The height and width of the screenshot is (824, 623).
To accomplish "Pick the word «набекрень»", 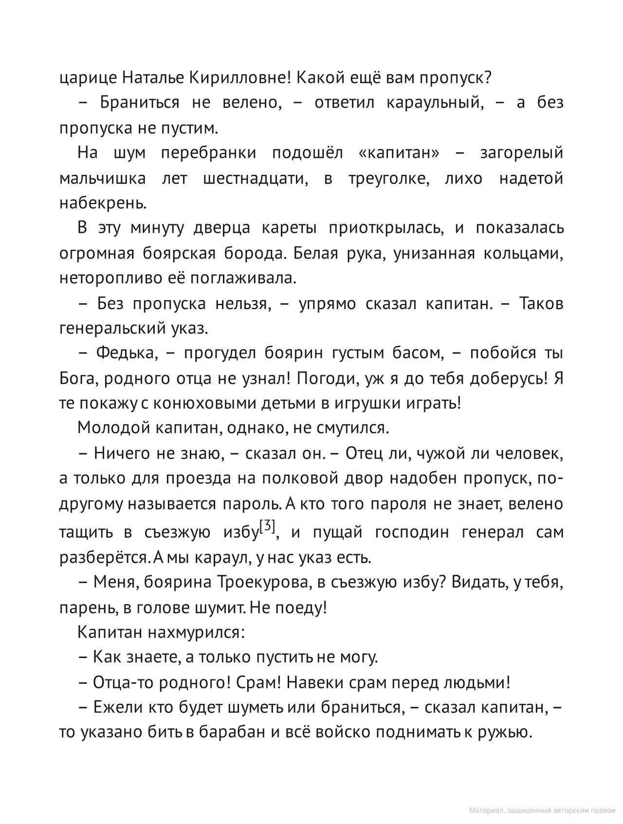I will pos(103,203).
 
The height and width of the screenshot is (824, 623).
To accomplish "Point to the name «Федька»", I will pos(127,353).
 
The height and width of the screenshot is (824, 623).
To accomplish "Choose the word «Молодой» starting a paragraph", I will pos(114,428).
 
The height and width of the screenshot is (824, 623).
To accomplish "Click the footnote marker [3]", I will pos(268,527).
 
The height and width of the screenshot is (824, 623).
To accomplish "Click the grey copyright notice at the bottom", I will pos(542,810).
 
